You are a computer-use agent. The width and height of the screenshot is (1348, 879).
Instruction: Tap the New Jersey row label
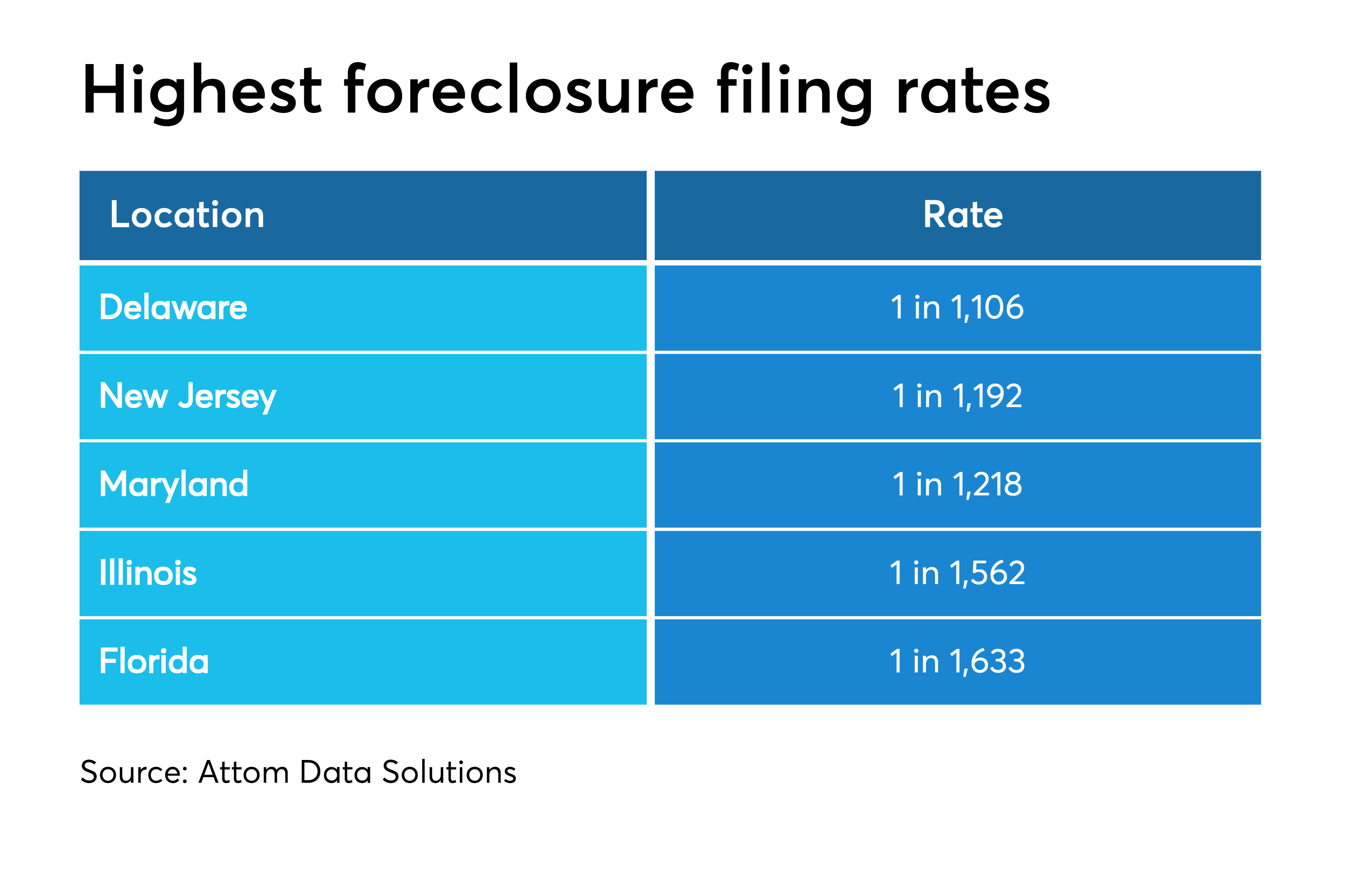[188, 397]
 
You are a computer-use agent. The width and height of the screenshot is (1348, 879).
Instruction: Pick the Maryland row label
[174, 485]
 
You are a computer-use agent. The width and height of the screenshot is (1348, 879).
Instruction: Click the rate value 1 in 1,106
[957, 308]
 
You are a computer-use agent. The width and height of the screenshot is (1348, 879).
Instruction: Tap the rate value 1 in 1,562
[957, 573]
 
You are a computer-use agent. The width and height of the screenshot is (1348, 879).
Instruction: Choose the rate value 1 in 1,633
[957, 661]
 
